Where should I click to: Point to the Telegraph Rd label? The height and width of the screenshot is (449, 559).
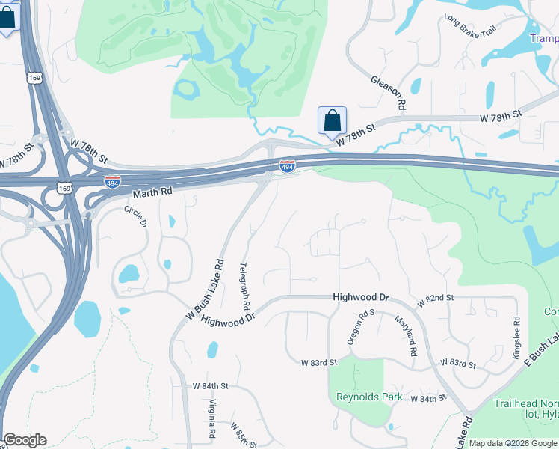244,287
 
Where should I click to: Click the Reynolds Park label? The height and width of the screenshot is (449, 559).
369,397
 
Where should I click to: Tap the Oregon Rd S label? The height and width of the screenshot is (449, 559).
356,328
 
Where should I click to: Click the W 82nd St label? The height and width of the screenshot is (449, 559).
436,298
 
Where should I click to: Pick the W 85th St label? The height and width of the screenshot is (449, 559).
242,435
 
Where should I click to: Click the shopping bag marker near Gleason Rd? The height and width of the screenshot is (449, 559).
332,120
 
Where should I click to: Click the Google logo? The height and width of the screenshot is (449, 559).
24,440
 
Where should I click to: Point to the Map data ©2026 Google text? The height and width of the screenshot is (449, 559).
513,443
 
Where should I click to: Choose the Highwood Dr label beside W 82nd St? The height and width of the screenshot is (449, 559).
362,297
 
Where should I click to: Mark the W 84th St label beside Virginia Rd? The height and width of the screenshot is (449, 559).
210,386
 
